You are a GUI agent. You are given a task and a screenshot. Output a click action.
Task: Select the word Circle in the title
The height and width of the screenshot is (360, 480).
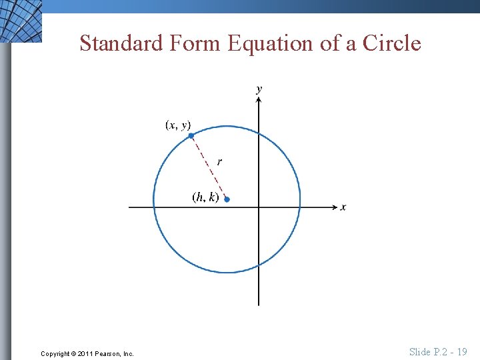392,43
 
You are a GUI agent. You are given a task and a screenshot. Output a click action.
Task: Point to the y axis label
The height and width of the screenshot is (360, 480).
259,89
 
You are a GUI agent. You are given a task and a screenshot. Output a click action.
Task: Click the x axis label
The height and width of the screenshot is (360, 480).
343,207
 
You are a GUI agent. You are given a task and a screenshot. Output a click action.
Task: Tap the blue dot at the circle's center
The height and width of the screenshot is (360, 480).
227,199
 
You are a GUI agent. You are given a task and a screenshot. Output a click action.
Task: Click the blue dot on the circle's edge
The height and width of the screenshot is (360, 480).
191,135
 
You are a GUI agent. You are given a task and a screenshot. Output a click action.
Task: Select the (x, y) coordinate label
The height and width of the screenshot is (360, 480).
178,125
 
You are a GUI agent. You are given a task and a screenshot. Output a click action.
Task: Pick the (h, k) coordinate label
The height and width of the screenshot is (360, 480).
205,197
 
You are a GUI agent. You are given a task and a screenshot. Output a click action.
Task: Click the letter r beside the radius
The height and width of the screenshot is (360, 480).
219,161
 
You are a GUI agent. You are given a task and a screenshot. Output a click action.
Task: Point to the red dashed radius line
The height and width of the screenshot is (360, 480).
208,167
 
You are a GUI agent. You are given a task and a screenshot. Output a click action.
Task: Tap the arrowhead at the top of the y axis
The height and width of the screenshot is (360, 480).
259,100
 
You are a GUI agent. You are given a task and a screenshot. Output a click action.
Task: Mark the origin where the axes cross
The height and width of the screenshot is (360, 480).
259,207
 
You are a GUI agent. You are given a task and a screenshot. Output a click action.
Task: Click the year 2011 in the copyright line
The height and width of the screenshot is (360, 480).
85,353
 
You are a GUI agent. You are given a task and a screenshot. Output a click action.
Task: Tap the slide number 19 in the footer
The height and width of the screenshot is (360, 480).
461,351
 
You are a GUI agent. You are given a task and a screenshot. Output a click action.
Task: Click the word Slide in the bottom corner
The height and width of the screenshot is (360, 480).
420,351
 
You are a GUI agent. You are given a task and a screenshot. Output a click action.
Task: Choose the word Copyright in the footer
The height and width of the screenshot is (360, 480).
55,353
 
